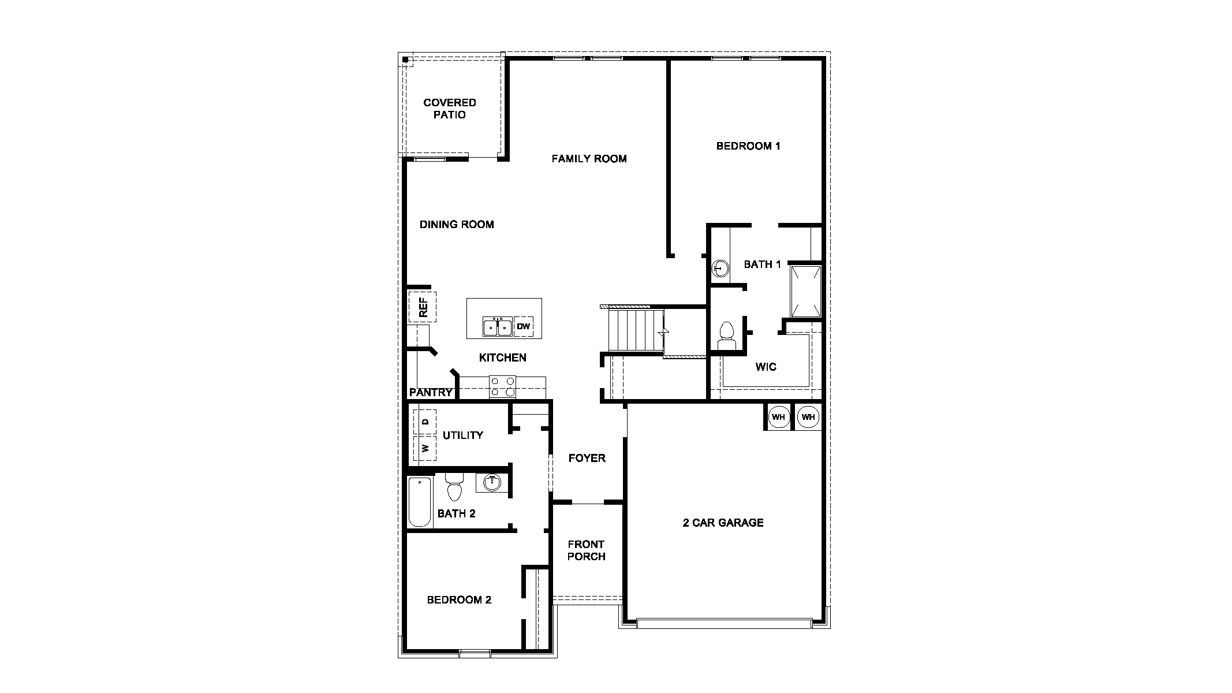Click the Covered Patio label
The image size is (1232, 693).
coord(449,109)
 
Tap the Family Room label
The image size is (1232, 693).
coord(588,159)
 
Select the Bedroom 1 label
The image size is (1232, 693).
coord(748,146)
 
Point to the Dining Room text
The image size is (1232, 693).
coord(456,225)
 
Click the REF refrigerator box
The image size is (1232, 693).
coord(422,307)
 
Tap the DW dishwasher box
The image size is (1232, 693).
coord(523,327)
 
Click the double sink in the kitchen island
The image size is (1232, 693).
coord(497,327)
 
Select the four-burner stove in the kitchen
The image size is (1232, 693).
coord(502,386)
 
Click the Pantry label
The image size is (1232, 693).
coord(430,393)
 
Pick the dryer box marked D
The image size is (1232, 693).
coord(425,422)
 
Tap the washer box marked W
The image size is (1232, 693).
coord(425,448)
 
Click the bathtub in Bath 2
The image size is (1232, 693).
coord(420,501)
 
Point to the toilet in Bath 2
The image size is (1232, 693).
coord(454,487)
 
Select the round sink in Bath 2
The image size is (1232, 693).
coord(492,482)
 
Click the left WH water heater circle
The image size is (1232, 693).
coord(778,417)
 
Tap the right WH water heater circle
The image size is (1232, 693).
coord(808,417)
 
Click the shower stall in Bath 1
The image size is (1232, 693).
coord(805,291)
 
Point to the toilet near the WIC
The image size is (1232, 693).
coord(726,336)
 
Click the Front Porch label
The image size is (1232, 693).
coord(586,550)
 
